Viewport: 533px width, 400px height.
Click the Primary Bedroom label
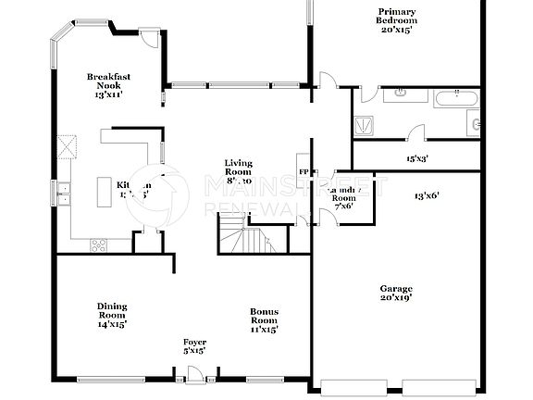coord(396,20)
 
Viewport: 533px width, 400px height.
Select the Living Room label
coord(239,172)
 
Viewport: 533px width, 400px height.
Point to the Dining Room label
coord(112,315)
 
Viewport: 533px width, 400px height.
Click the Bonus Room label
coord(264,320)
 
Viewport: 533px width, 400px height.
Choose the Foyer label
coord(193,346)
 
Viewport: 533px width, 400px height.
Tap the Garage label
coord(396,293)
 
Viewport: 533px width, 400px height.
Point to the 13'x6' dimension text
coord(426,194)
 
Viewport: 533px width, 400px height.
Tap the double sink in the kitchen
coord(62,194)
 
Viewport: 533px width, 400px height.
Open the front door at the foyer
coord(194,374)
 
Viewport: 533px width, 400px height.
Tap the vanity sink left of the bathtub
coord(402,93)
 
